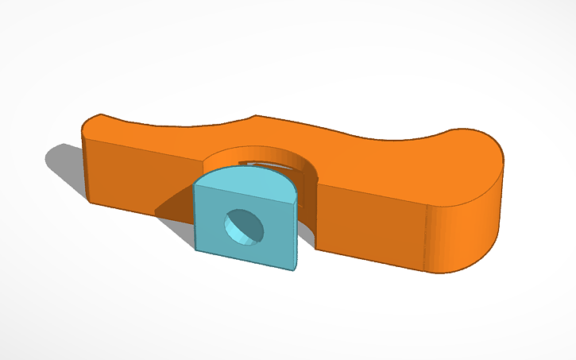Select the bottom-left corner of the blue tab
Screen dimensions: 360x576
[x=196, y=250]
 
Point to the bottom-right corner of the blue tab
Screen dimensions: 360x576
[x=296, y=270]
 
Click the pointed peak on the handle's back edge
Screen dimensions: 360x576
[x=253, y=118]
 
